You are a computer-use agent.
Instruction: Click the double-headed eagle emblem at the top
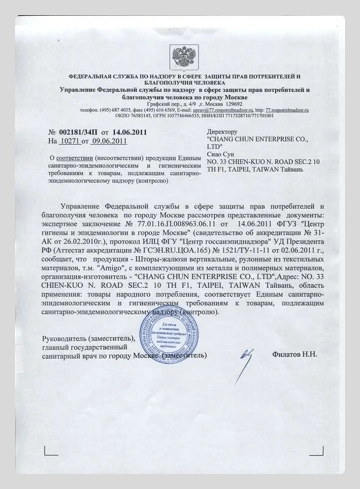point(179,54)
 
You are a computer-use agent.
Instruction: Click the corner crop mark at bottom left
point(49,451)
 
